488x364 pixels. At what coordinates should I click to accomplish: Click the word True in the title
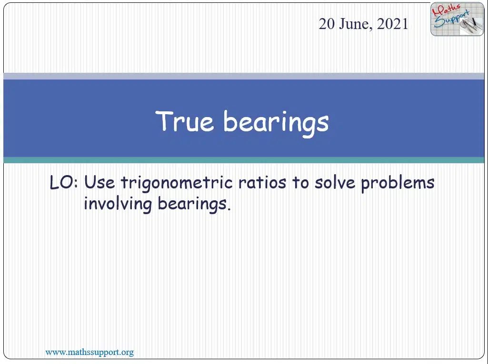coord(185,121)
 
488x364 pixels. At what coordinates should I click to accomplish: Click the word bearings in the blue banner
coord(276,123)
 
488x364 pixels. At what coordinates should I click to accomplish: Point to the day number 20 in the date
coord(327,24)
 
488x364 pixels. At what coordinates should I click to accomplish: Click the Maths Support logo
coord(457,19)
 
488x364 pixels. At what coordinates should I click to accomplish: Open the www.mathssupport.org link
coord(90,352)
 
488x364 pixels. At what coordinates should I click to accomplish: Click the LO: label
coord(64,183)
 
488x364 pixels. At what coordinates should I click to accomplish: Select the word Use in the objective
coord(100,183)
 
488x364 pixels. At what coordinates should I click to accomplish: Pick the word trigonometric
coord(177,183)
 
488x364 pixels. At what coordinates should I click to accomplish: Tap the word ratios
coord(262,182)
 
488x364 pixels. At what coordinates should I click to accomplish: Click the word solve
coord(335,182)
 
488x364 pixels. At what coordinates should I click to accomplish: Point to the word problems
coord(398,184)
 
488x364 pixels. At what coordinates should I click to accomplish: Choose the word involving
coord(118,205)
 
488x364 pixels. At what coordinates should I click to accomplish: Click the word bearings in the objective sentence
coord(194,205)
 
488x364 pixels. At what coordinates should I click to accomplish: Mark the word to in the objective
coord(300,183)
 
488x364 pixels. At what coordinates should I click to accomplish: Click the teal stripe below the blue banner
coord(244,160)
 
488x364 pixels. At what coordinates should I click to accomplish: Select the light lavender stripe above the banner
coord(244,76)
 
